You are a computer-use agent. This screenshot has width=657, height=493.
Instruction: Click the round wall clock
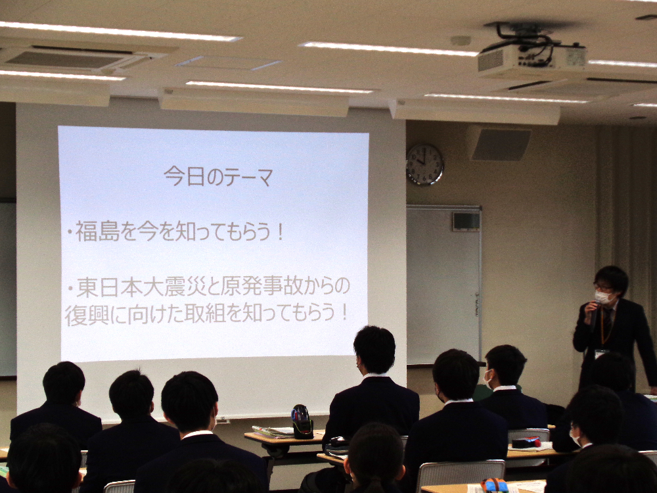[425, 164]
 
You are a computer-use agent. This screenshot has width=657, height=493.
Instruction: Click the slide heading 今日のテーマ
[218, 176]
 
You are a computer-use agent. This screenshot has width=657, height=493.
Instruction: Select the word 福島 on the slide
[98, 232]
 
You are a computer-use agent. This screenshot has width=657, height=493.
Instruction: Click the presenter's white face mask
[603, 297]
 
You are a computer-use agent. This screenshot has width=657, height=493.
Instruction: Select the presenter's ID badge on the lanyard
[601, 354]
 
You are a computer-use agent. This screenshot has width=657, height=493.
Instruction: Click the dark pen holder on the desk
[302, 422]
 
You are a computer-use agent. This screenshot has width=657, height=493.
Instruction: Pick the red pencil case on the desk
[526, 442]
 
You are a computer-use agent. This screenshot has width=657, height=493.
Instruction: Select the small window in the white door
[466, 221]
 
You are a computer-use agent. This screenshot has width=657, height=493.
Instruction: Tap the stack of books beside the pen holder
[273, 432]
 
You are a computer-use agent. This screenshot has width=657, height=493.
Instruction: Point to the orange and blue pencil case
[495, 486]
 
